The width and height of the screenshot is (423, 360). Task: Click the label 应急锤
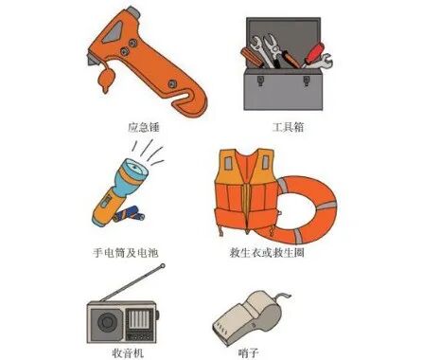pos(144,127)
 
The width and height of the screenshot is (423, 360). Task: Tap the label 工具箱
pos(288,127)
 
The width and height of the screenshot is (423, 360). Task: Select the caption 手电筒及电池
pos(125,253)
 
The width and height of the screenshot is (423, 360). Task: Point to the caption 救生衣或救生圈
pos(267,253)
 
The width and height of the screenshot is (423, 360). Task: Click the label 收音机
pos(128,352)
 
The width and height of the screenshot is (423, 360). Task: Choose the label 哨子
pos(249,352)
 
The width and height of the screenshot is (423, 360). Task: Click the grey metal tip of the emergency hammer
pos(133,13)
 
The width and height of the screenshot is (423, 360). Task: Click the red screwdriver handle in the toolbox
pos(315,52)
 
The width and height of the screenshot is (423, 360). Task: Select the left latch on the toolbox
pos(260,81)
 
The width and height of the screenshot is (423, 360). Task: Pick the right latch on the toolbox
pos(307,81)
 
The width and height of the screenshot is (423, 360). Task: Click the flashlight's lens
pos(135,169)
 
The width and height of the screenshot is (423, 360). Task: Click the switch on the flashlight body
pos(106,201)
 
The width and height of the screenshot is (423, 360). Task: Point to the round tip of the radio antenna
pos(163,266)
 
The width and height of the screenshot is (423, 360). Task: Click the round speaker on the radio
pos(107,322)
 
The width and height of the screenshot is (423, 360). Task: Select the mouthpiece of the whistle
pos(226,325)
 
